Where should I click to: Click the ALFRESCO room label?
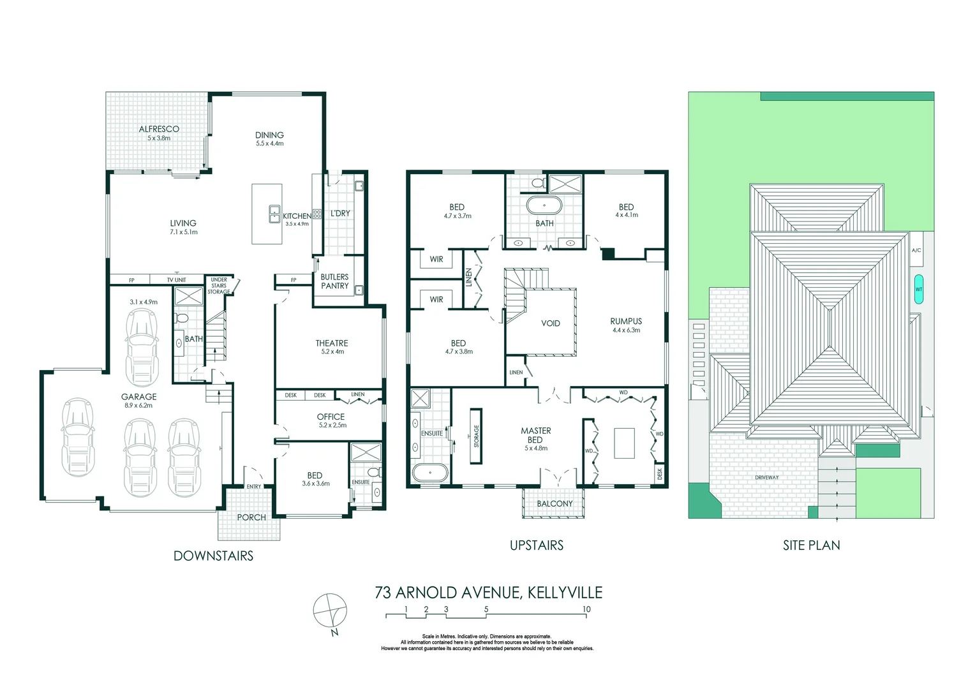click(159, 129)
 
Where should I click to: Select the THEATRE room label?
click(332, 343)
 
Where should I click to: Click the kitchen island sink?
click(274, 212)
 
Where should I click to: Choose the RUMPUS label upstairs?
click(626, 322)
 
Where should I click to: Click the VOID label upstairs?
click(551, 323)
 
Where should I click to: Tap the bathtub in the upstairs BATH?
click(544, 207)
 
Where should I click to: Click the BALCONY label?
click(554, 503)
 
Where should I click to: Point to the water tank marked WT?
click(919, 289)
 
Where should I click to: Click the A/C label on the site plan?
click(916, 251)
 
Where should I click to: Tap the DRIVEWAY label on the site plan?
click(766, 477)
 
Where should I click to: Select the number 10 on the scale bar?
click(586, 609)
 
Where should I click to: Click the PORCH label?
click(251, 517)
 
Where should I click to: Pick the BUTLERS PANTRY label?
click(335, 281)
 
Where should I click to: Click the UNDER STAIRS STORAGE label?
click(219, 286)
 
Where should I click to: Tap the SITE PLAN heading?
click(811, 545)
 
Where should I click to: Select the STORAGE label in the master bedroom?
click(476, 436)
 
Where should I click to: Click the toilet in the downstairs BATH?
click(181, 318)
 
